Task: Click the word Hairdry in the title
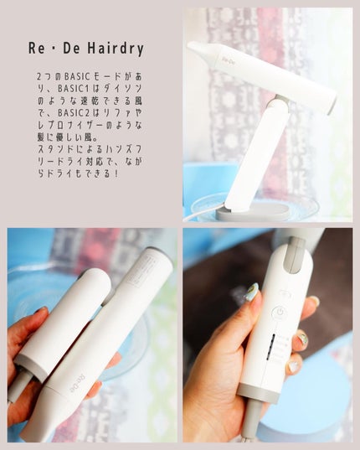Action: point(116,49)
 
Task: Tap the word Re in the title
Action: point(36,49)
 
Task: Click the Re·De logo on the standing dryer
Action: point(229,59)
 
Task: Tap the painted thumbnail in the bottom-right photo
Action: point(251,292)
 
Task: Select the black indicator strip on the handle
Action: point(270,347)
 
